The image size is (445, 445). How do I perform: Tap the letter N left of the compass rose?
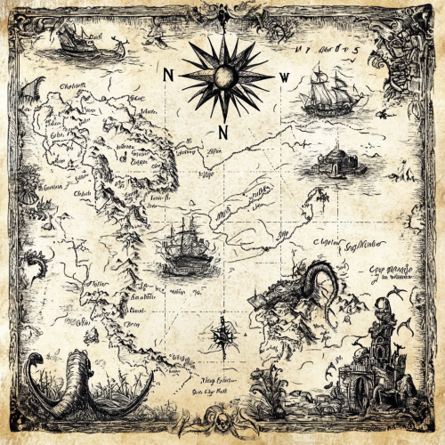pyautogui.click(x=169, y=76)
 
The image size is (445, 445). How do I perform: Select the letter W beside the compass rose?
pyautogui.click(x=284, y=77)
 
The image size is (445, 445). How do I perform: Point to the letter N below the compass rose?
pyautogui.click(x=224, y=133)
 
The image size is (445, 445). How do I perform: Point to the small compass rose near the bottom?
pyautogui.click(x=223, y=336)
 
